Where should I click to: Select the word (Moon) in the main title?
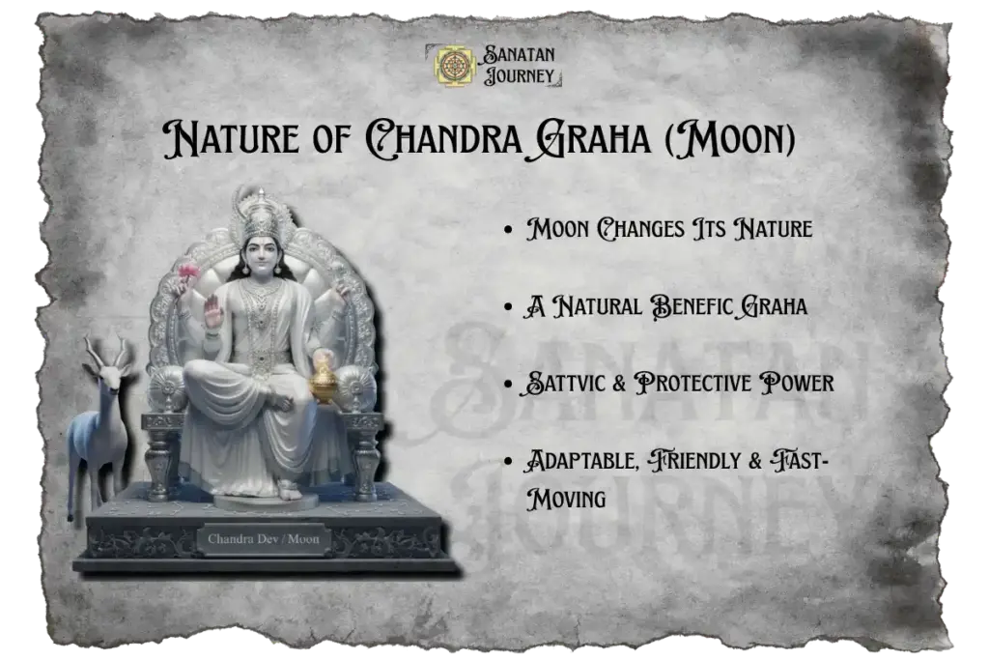click(x=739, y=141)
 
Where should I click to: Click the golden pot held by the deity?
click(x=324, y=384)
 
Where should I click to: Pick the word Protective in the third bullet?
click(x=703, y=383)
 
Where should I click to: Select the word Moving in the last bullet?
click(x=565, y=499)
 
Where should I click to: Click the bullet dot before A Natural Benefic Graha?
click(x=508, y=307)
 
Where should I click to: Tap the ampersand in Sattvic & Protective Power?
click(x=618, y=383)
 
